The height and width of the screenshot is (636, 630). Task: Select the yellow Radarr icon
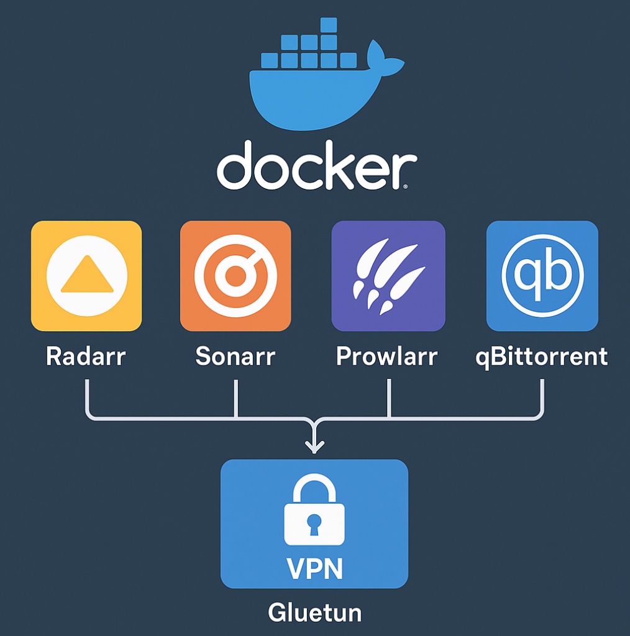point(86,276)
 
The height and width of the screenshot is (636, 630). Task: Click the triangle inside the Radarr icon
point(87,277)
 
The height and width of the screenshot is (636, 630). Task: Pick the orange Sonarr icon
point(235,276)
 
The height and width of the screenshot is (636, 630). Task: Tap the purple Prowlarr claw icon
point(388,276)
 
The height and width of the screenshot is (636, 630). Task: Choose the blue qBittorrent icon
point(542,276)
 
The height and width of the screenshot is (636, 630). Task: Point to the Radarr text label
point(86,357)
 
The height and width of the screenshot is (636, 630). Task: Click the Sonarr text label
point(235,357)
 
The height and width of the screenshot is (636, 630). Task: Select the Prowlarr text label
point(386,357)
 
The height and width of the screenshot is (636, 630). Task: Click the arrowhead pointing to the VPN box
point(315,446)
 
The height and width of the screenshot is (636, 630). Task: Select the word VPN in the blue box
point(314,567)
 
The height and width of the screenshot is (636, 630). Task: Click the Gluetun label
point(314,612)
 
